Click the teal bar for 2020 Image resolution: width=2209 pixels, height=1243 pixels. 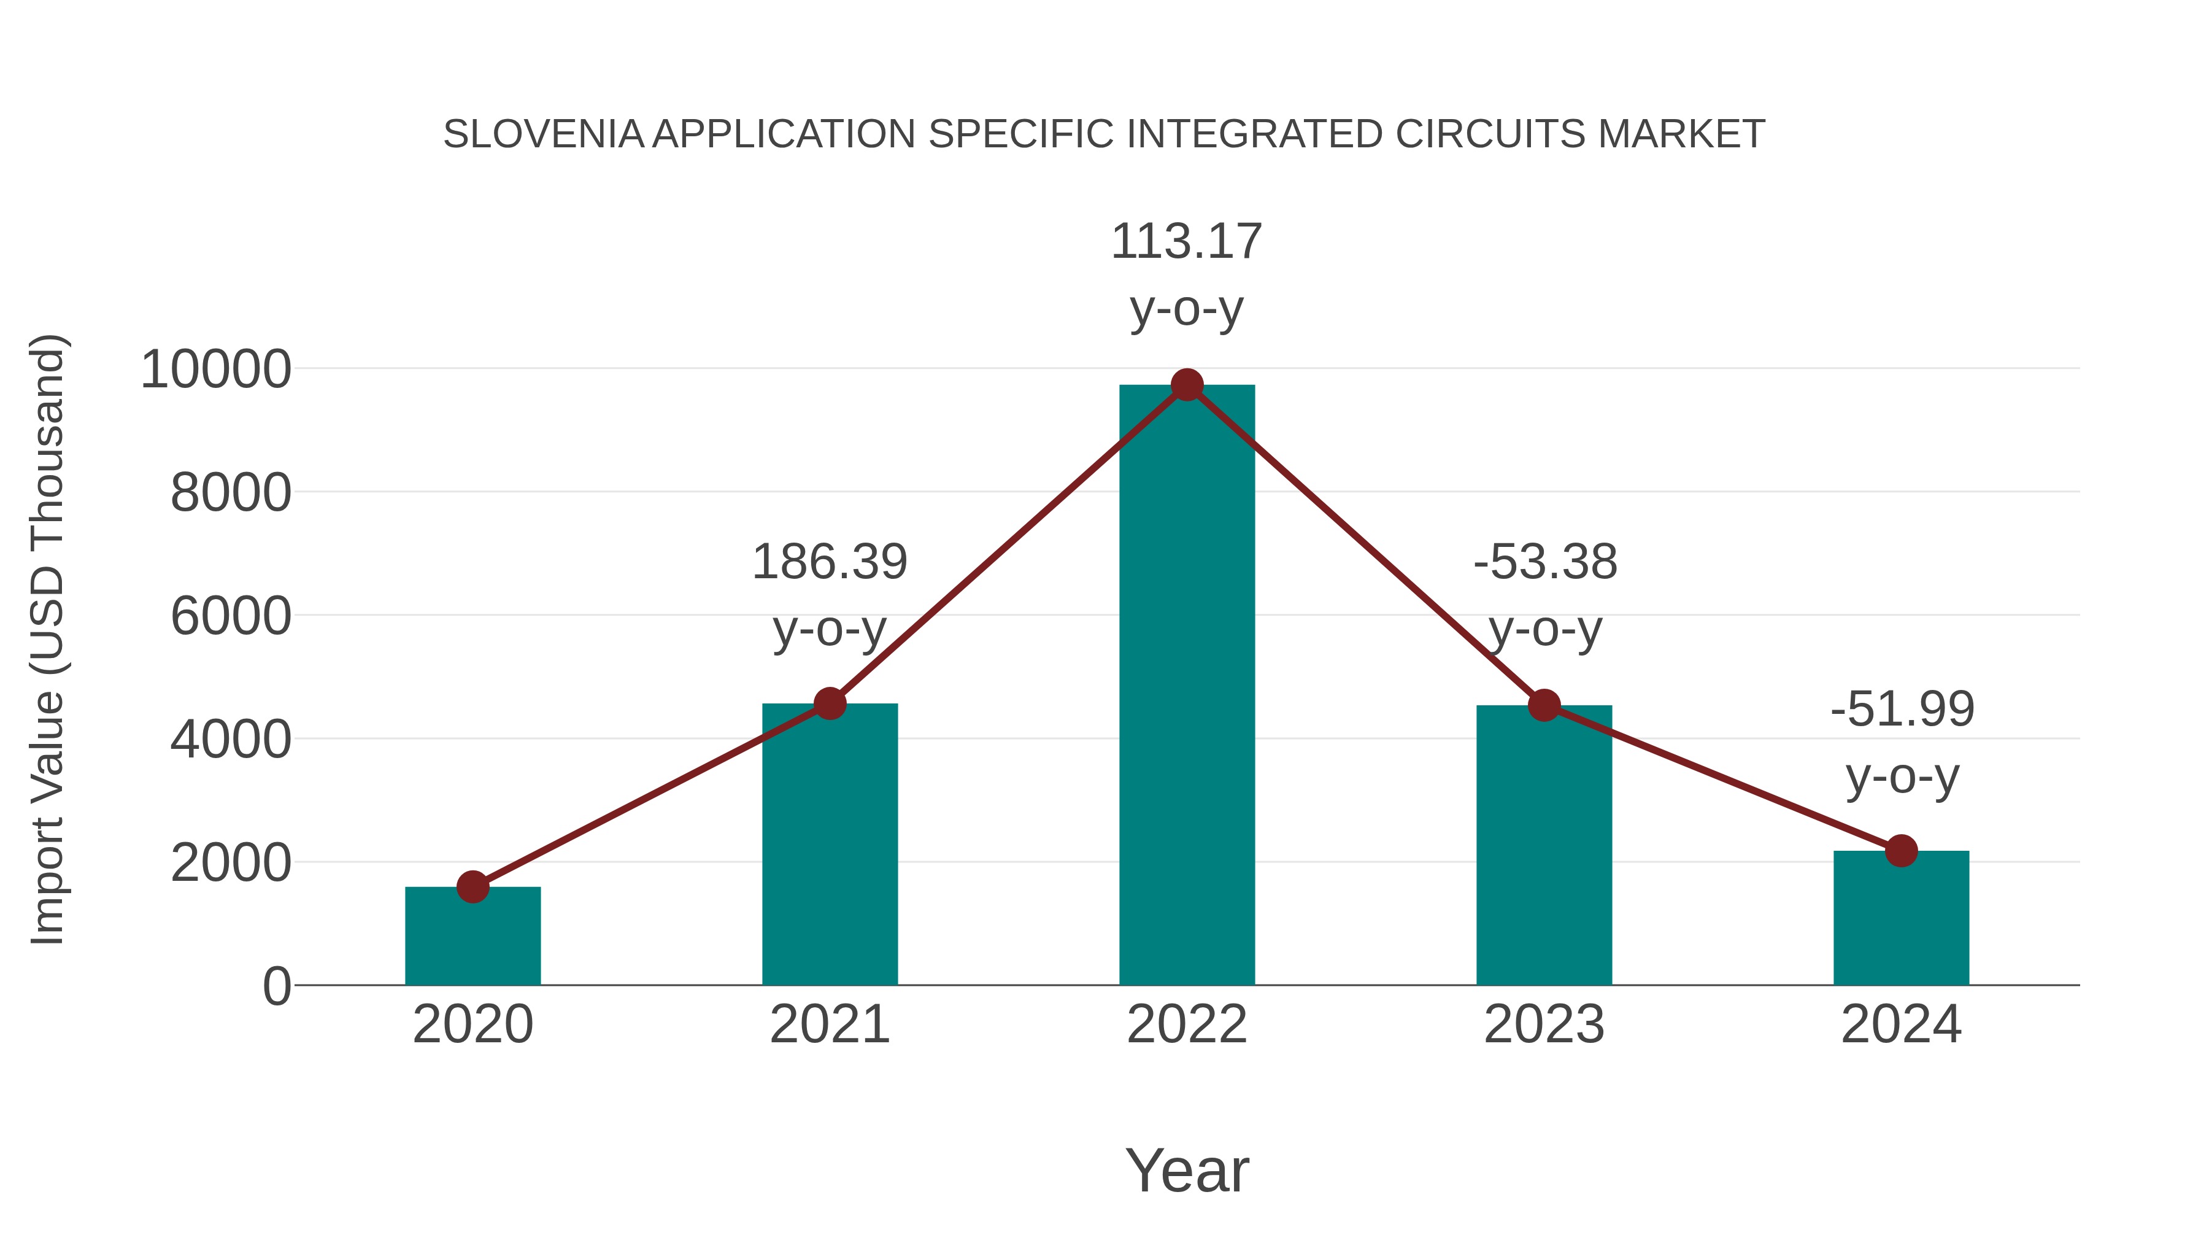(x=472, y=937)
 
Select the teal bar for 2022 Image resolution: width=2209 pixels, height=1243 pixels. (x=1187, y=686)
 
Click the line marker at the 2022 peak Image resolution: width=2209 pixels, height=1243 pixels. (x=1187, y=385)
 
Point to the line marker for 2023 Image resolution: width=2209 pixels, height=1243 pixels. (x=1544, y=705)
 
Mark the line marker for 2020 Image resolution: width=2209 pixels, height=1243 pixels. (x=472, y=887)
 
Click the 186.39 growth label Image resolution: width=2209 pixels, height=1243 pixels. (x=829, y=563)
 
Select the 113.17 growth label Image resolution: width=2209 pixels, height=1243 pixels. (x=1186, y=242)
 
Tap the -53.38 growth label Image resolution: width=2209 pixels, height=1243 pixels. (x=1544, y=563)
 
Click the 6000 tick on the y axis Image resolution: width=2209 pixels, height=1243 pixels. (x=231, y=617)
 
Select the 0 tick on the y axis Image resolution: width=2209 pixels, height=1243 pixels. (x=277, y=986)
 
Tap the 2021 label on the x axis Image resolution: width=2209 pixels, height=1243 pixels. (x=829, y=1024)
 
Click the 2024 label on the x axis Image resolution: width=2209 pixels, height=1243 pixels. (x=1901, y=1024)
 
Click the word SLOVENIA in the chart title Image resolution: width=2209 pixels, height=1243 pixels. (x=544, y=134)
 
